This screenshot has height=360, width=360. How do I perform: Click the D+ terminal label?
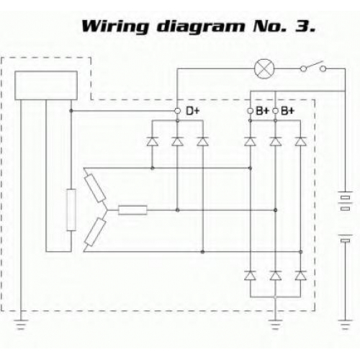192,111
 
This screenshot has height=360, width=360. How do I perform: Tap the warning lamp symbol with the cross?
264,68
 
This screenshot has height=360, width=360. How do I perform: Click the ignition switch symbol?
313,67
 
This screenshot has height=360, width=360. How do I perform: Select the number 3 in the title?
303,27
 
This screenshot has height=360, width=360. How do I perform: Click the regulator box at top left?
46,86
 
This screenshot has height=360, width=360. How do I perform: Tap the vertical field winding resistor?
71,210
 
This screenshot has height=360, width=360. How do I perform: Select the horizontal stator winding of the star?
132,210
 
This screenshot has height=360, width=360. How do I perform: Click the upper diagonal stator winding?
96,188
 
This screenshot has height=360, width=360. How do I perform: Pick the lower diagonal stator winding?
96,232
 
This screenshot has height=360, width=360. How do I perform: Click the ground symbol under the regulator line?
21,325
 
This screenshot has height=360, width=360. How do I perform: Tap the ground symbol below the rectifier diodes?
275,325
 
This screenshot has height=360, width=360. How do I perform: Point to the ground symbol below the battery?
345,325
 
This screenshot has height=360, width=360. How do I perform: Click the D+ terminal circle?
177,111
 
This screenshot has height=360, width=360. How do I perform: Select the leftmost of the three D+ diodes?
153,142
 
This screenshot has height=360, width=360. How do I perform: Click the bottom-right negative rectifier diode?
300,276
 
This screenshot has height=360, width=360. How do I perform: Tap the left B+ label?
262,111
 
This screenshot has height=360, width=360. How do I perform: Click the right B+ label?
287,111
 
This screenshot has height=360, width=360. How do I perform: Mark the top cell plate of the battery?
345,192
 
